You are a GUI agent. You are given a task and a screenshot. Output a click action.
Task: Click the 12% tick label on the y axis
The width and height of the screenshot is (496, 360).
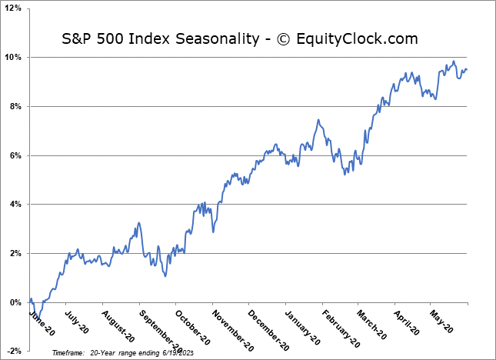(15, 8)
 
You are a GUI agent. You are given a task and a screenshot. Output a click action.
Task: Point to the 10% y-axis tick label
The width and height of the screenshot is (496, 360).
(15, 57)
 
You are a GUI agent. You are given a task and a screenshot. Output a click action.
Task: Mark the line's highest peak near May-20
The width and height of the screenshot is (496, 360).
(454, 62)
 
